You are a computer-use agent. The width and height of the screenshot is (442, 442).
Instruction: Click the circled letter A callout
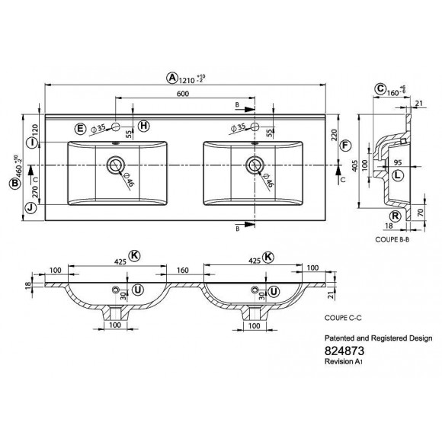pos(172,77)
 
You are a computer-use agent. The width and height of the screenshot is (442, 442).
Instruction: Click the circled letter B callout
pos(18,182)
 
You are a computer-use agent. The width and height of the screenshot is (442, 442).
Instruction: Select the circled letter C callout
pos(379,89)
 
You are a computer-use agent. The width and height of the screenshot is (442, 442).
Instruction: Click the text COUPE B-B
pos(393,239)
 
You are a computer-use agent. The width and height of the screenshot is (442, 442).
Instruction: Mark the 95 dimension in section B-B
pos(397,162)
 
